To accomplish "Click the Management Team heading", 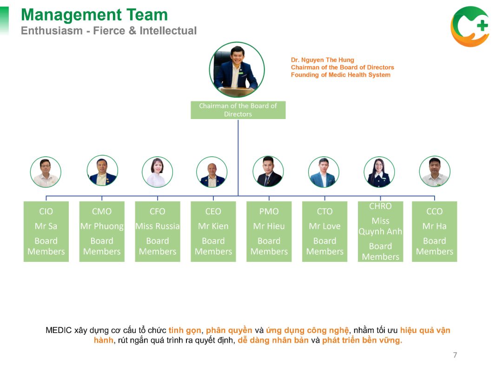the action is point(94,15).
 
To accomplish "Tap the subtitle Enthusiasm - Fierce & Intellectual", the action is point(109,31).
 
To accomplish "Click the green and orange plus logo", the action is point(470,27).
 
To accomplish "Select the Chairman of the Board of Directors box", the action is point(238,110).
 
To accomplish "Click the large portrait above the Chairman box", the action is point(237,70).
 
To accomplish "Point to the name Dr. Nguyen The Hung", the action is point(322,60).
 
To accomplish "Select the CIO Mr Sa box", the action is point(46,232).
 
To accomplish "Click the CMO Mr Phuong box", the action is point(102,232).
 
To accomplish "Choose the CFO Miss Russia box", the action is point(158,232).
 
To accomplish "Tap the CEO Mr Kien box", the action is point(213,232).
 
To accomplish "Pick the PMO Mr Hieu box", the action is point(269,232).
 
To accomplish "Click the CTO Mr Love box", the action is point(324,232).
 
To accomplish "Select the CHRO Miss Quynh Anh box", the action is point(380,232).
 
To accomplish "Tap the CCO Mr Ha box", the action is point(434,232).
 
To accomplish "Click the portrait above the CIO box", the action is point(46,172).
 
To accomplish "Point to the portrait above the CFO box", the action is point(157,172).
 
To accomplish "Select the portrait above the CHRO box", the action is point(379,172).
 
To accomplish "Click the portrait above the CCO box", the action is point(435,171).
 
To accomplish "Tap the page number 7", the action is point(455,355).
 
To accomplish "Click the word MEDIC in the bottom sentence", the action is point(59,330).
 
